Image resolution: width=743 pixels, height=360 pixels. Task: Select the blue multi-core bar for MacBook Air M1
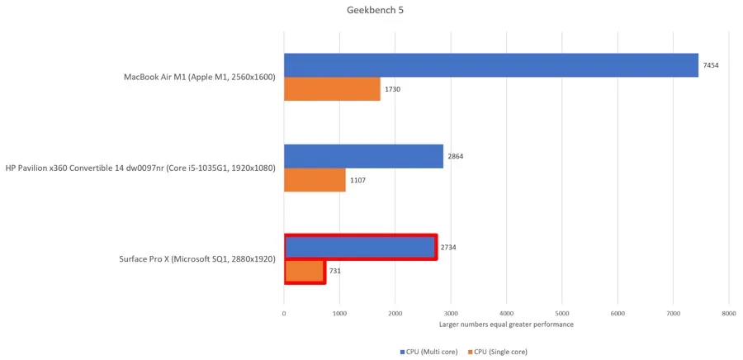(x=491, y=65)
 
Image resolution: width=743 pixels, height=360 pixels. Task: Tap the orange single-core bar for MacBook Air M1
(x=332, y=89)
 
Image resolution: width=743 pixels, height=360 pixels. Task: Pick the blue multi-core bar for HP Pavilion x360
(x=363, y=156)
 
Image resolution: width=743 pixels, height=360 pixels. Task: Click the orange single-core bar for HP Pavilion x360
(x=315, y=180)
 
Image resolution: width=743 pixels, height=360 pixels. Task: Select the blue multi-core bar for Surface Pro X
(x=360, y=248)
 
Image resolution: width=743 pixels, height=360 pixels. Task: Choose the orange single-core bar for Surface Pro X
(x=304, y=272)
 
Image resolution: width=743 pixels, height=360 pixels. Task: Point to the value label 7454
(x=711, y=65)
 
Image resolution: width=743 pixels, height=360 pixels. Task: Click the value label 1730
(x=393, y=89)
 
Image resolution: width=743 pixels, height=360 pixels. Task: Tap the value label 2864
(x=456, y=156)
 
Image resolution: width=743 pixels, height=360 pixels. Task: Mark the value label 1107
(x=358, y=180)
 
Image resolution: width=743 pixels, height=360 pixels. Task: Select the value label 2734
(x=449, y=248)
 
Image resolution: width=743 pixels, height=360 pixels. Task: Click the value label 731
(x=335, y=272)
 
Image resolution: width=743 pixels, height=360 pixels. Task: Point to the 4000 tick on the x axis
(x=506, y=314)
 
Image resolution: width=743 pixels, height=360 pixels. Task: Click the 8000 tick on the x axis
(x=728, y=314)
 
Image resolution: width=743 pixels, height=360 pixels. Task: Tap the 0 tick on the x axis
(x=284, y=314)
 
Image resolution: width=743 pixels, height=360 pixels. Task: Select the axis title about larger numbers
(x=506, y=324)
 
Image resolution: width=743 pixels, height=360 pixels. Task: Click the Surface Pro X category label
(x=196, y=259)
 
